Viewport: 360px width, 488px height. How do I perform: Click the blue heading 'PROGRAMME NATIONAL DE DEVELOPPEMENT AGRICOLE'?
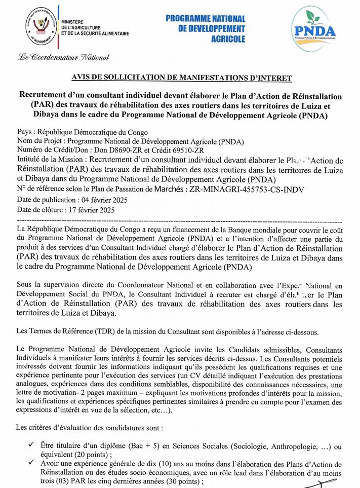click(x=205, y=29)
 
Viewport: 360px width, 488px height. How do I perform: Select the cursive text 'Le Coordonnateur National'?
click(x=60, y=57)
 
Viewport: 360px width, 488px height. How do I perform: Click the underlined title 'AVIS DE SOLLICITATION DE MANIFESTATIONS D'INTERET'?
click(x=182, y=78)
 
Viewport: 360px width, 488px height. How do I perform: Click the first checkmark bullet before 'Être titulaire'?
click(x=31, y=445)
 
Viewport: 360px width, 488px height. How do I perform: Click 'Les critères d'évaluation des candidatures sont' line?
click(x=90, y=428)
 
